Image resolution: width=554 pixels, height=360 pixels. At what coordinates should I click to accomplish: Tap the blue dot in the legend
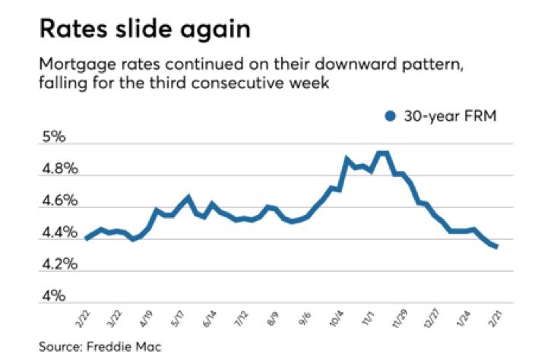(x=391, y=115)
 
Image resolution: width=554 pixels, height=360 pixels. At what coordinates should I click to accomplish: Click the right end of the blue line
(x=496, y=246)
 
